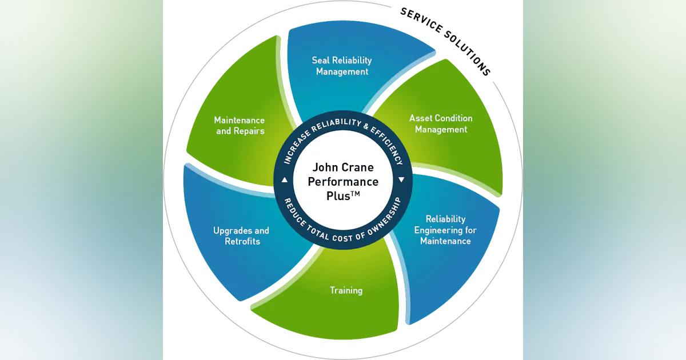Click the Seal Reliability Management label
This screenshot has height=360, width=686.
[342, 66]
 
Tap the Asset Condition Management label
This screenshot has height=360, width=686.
[441, 123]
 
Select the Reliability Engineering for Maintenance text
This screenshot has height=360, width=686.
[445, 230]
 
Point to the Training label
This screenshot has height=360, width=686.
[346, 290]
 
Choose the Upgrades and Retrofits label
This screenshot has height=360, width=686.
[241, 236]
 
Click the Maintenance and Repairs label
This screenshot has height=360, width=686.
[239, 125]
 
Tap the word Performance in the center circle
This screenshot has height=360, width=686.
[343, 182]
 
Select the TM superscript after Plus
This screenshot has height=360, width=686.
[354, 194]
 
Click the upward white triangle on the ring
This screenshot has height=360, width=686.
[285, 180]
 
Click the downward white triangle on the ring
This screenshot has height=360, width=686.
[401, 179]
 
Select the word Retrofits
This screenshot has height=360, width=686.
[242, 241]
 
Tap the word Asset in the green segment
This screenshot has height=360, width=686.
[421, 118]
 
